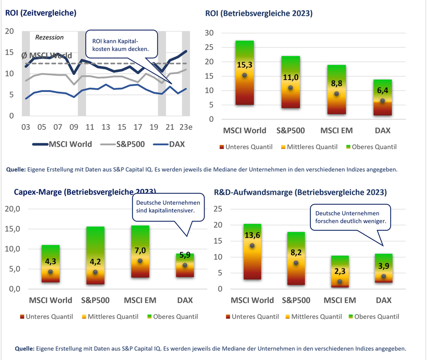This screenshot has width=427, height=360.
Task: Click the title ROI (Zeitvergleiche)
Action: (x=41, y=13)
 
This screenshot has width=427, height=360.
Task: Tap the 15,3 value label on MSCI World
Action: (x=244, y=65)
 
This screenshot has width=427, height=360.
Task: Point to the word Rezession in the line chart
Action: (x=49, y=37)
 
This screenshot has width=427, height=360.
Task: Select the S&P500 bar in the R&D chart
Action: (x=296, y=258)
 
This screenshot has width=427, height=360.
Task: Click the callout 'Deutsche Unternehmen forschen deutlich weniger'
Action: (x=350, y=217)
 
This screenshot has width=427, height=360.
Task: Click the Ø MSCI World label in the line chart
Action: (x=47, y=56)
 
